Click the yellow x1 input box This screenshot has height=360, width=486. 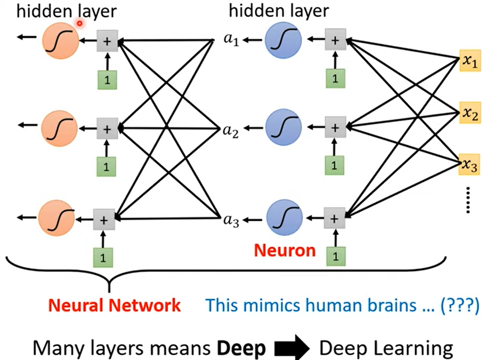(x=470, y=61)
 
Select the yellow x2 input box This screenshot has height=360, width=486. (x=470, y=113)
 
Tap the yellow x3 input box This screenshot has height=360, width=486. (x=469, y=164)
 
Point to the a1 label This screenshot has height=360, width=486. (x=231, y=39)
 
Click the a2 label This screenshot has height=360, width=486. (x=231, y=131)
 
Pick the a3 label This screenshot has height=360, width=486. (x=231, y=220)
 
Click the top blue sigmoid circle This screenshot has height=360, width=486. (x=283, y=41)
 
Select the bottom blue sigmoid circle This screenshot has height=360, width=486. (x=285, y=218)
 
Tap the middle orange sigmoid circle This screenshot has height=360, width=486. (x=60, y=129)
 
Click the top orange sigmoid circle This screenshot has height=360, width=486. (x=61, y=41)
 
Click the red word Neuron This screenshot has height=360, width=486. (x=285, y=251)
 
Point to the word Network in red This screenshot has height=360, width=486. (x=144, y=305)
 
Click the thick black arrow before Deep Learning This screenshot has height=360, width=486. (x=292, y=348)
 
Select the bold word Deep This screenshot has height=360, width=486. (x=241, y=348)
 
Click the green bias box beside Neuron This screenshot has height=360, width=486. (x=336, y=256)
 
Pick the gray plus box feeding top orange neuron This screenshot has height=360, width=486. (x=107, y=41)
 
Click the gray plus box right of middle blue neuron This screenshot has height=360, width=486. (x=335, y=127)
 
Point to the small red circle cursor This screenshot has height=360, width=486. (x=79, y=23)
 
